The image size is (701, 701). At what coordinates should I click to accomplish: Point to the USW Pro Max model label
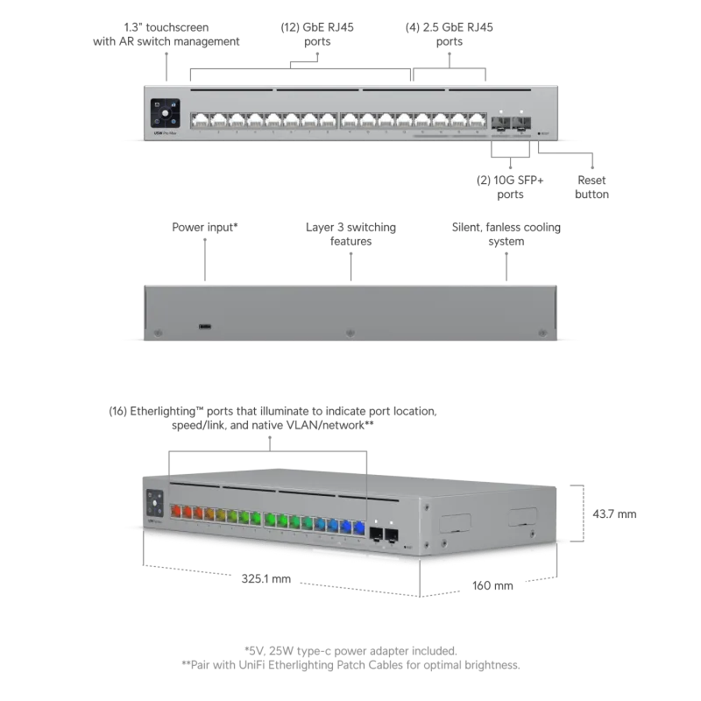click(x=157, y=131)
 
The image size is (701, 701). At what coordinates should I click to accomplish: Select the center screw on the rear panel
click(x=350, y=333)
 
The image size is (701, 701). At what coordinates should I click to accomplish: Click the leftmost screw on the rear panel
click(x=158, y=333)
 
